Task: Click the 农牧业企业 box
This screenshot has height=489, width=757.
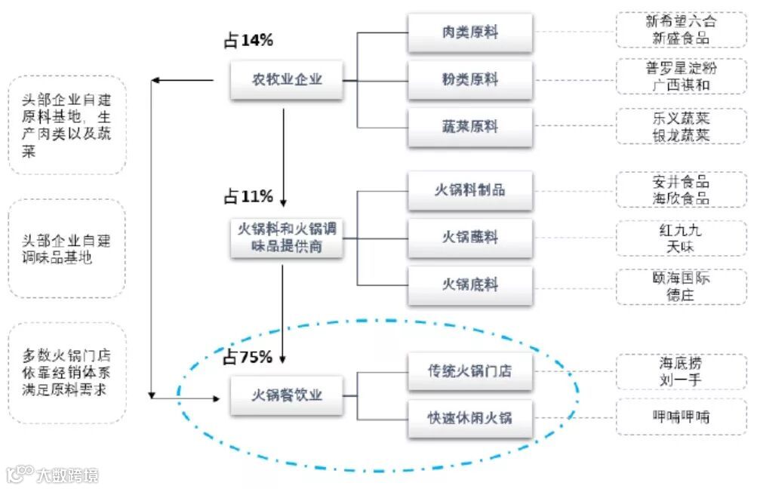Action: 287,78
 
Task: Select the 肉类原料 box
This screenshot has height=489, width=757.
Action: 469,32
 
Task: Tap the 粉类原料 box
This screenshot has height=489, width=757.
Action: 469,78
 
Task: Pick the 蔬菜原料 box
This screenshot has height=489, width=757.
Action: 469,126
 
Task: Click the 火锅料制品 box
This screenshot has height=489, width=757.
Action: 469,190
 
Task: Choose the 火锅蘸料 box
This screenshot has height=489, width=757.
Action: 469,237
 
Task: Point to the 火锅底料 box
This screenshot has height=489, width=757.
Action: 469,284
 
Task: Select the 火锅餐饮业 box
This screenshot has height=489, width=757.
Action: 287,395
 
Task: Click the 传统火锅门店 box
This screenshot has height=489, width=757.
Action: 469,371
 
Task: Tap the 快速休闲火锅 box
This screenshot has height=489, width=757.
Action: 469,417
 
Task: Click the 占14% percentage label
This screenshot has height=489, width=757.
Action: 248,41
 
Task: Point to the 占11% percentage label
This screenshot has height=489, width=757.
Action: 248,197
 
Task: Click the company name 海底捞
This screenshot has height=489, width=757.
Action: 680,362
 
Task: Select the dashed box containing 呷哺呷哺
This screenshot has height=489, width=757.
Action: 681,417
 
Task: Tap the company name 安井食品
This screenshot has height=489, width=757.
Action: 680,182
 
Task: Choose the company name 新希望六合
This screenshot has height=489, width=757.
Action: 680,21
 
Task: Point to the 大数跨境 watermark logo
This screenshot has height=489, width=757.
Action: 53,475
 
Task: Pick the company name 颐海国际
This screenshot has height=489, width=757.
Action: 680,278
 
